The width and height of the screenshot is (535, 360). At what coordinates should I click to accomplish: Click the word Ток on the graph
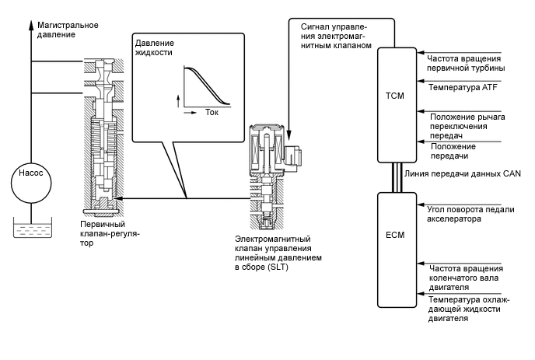[213, 112]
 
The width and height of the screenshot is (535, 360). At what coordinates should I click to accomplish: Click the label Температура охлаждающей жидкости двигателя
[467, 308]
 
